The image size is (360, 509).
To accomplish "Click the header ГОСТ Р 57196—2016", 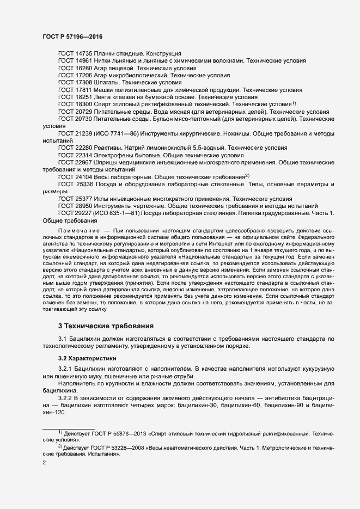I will coord(72,36).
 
